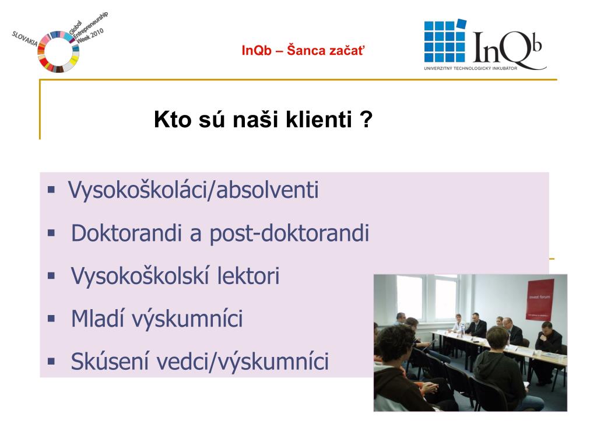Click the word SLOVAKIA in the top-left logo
click(x=24, y=39)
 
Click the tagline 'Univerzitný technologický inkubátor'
click(x=470, y=68)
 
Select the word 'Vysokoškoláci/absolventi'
click(x=193, y=190)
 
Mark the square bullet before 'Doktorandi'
click(x=51, y=233)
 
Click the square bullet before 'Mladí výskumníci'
click(x=51, y=318)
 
